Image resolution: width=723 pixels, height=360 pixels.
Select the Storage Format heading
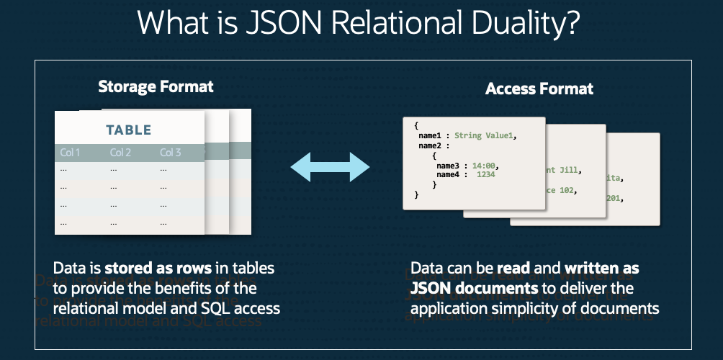tap(156, 87)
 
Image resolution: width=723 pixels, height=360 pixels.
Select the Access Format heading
tap(539, 89)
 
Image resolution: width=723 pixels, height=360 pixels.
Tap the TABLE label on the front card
tap(129, 130)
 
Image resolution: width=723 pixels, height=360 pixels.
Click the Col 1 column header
tap(70, 153)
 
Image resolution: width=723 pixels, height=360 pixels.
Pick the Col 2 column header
tap(120, 153)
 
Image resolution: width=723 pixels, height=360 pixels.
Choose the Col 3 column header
tap(171, 153)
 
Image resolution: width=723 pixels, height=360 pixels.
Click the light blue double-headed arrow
tap(330, 168)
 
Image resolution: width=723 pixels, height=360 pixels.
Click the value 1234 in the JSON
tap(488, 174)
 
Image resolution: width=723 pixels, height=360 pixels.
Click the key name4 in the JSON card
tap(448, 174)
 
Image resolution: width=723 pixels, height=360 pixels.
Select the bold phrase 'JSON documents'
tap(474, 289)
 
